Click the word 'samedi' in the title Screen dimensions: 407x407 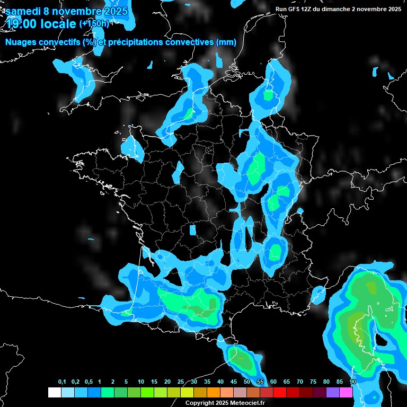pos(22,11)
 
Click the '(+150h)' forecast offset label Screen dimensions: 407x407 pos(94,23)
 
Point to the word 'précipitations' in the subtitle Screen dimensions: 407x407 pos(134,42)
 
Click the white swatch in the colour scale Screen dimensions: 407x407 pos(54,393)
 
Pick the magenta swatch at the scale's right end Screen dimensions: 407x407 pos(346,393)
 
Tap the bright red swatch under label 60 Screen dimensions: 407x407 pos(280,393)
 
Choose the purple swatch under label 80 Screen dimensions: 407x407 pos(333,393)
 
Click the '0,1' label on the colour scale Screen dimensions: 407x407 pos(62,382)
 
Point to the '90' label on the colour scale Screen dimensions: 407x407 pos(353,382)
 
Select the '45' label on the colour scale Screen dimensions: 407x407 pos(234,382)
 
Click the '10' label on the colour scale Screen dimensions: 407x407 pos(141,382)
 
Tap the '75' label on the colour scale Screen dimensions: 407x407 pos(313,382)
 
